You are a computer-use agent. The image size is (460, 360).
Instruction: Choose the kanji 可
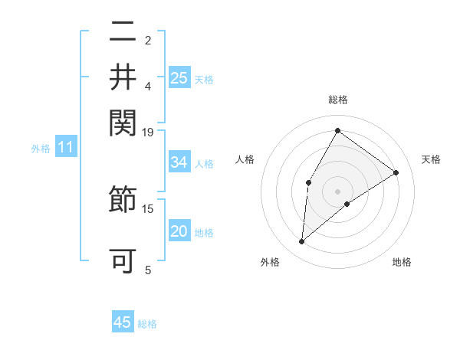coord(123,260)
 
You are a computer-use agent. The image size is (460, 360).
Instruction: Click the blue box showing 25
coord(179,77)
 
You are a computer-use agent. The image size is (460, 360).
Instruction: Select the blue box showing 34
coord(179,162)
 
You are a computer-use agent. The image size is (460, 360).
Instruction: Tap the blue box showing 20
coord(179,231)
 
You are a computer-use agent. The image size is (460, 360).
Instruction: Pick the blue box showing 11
coord(65,147)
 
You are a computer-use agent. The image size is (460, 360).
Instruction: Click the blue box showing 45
coord(123,322)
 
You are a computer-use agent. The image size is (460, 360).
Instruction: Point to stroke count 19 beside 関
coord(148,132)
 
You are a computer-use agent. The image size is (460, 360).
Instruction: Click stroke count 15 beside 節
coord(148,208)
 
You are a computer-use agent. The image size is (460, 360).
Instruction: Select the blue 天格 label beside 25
coord(204,79)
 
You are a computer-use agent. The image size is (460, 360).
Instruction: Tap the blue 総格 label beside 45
coord(148,324)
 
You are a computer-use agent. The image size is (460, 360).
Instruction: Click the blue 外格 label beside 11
coord(41,149)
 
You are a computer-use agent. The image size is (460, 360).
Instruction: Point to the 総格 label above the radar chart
coord(337,100)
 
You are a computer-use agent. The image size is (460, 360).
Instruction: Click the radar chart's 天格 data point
coord(396,172)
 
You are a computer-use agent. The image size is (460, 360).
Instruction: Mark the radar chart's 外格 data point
coord(301,242)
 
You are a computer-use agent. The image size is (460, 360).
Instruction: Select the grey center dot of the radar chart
coord(337,191)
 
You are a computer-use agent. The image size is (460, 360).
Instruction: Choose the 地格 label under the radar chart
coord(402,262)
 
